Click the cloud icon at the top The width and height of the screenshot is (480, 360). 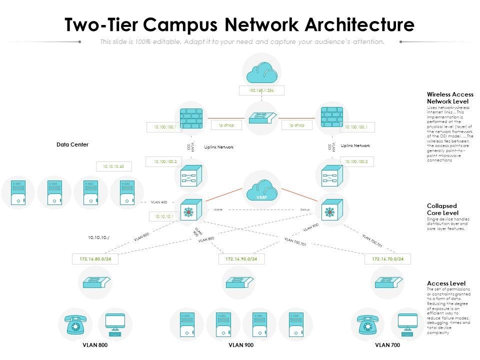[x=261, y=73]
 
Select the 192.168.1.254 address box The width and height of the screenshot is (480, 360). [x=261, y=90]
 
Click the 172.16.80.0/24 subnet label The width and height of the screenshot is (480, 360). [x=95, y=259]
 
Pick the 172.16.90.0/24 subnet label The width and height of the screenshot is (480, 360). [x=241, y=259]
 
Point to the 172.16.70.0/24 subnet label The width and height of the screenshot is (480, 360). [x=387, y=259]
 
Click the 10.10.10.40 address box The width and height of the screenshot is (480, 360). [x=113, y=166]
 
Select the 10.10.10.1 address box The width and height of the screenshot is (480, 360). [x=164, y=216]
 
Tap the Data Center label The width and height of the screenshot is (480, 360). [x=72, y=144]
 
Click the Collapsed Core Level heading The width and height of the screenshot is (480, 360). [x=442, y=209]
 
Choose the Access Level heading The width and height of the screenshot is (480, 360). [x=446, y=283]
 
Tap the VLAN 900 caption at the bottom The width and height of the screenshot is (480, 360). [x=241, y=345]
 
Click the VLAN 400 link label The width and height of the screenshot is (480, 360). [x=159, y=202]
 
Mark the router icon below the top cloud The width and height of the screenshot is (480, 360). [x=261, y=118]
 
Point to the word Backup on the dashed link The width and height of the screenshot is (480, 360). [x=304, y=209]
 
